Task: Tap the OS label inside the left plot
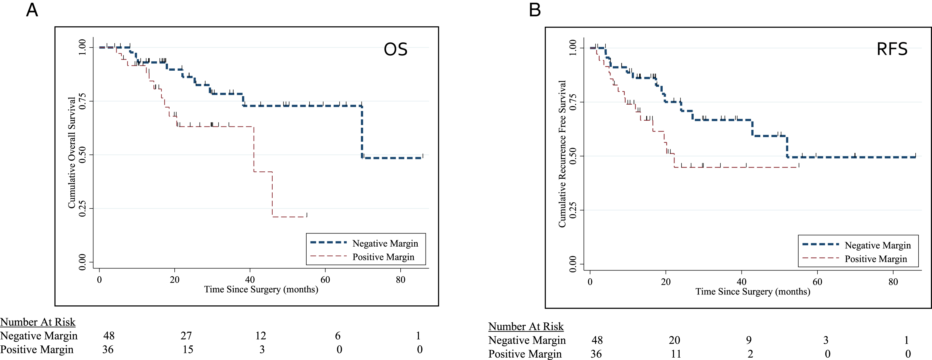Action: [x=395, y=49]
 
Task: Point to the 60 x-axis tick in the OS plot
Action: [x=325, y=280]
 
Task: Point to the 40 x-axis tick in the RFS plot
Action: [x=741, y=282]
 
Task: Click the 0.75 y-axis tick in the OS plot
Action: [x=82, y=101]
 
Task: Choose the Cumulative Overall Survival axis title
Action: [x=72, y=153]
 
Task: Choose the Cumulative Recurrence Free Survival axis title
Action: [x=562, y=154]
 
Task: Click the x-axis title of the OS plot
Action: [x=261, y=289]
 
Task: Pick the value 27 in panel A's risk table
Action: [x=186, y=336]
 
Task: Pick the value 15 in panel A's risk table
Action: [x=188, y=349]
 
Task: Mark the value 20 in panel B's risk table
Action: [x=675, y=340]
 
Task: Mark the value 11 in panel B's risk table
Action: [x=676, y=354]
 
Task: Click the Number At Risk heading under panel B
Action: [x=526, y=326]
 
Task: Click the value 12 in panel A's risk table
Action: [x=261, y=336]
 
